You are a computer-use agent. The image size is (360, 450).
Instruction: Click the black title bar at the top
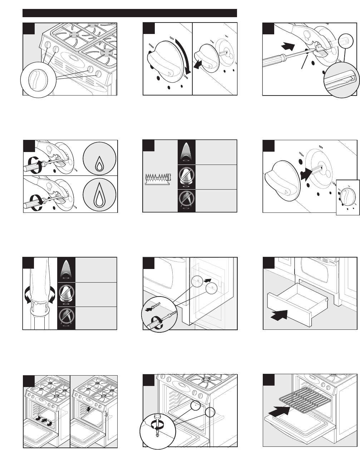pyautogui.click(x=130, y=13)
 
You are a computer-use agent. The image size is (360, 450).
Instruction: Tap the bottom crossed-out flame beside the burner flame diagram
pyautogui.click(x=186, y=201)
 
